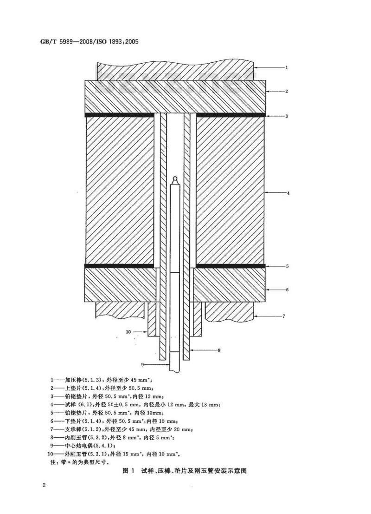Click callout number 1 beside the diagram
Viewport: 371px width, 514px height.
pyautogui.click(x=287, y=68)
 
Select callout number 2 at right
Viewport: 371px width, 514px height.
pyautogui.click(x=287, y=91)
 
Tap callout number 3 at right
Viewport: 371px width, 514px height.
pyautogui.click(x=287, y=116)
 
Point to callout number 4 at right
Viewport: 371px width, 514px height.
pyautogui.click(x=288, y=193)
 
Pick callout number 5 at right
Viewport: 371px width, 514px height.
pyautogui.click(x=287, y=266)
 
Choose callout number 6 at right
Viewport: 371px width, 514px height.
pyautogui.click(x=287, y=290)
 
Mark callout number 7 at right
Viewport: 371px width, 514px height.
pyautogui.click(x=284, y=316)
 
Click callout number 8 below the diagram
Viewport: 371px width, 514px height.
pyautogui.click(x=219, y=350)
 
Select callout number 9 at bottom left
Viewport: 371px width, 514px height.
pyautogui.click(x=143, y=364)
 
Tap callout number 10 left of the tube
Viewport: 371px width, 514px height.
pyautogui.click(x=128, y=332)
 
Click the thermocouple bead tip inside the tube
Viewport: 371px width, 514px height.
pyautogui.click(x=175, y=178)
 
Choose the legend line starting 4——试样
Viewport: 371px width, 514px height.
pyautogui.click(x=135, y=405)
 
